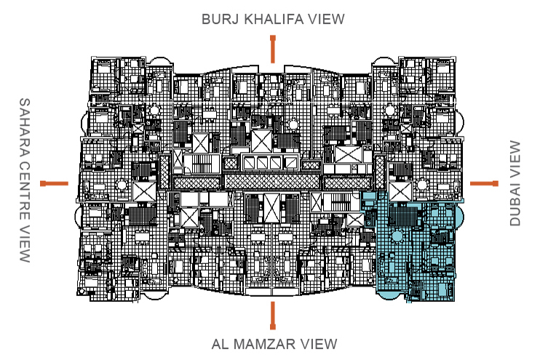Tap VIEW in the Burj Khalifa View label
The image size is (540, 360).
click(x=326, y=20)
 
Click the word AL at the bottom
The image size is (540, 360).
click(x=220, y=343)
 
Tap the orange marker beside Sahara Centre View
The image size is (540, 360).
click(x=55, y=183)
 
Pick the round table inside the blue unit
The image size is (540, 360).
click(x=397, y=237)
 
